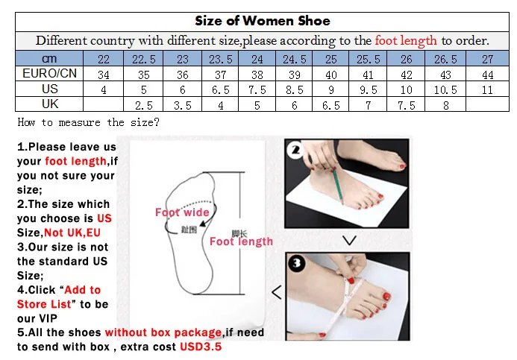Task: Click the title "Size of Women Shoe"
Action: tap(262, 20)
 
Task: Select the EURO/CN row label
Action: tap(49, 74)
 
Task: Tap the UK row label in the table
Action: tap(49, 104)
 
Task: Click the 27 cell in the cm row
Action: tap(486, 59)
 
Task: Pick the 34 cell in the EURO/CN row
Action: tap(104, 74)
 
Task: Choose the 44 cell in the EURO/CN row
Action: tap(486, 74)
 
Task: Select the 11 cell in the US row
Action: tap(486, 89)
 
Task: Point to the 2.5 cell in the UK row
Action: tap(143, 104)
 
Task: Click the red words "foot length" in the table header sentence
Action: tap(406, 40)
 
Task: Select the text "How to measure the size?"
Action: tap(88, 122)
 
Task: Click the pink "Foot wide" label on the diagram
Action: tap(182, 212)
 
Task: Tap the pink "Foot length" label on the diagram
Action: tap(241, 241)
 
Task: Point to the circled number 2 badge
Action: tap(295, 151)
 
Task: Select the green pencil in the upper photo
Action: tap(337, 183)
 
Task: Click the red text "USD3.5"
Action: tap(201, 347)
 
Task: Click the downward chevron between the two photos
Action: tap(348, 240)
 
